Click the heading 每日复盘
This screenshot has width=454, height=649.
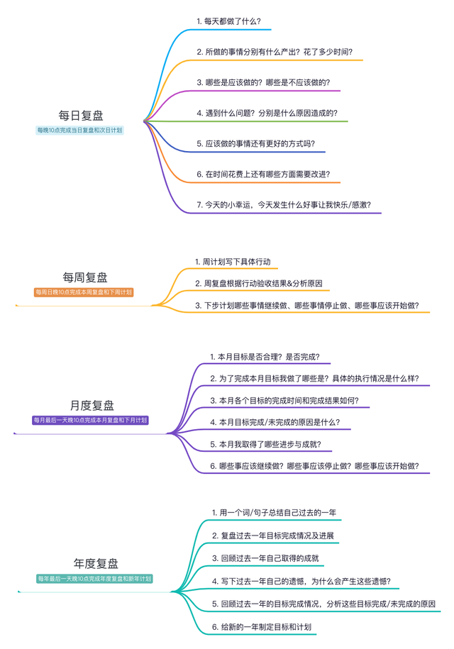coord(80,115)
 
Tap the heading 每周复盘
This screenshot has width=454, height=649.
coord(84,277)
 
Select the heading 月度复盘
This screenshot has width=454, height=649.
coord(92,406)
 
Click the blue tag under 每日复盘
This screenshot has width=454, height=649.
coord(80,131)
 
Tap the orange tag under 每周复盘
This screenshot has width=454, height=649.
coord(84,292)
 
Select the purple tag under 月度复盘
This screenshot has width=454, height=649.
coord(91,421)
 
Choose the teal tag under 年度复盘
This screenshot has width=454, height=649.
coord(95,579)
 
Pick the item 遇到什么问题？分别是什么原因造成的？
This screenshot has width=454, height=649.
coord(267,113)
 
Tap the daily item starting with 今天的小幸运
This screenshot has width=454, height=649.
coord(289,205)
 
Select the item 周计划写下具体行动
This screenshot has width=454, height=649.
coord(233,262)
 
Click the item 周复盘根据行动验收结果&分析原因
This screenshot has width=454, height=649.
coord(259,284)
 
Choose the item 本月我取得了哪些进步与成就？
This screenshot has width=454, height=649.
coord(265,444)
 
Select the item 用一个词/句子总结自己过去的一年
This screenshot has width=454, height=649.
coord(273,512)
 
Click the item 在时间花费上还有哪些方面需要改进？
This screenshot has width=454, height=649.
coord(263,174)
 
